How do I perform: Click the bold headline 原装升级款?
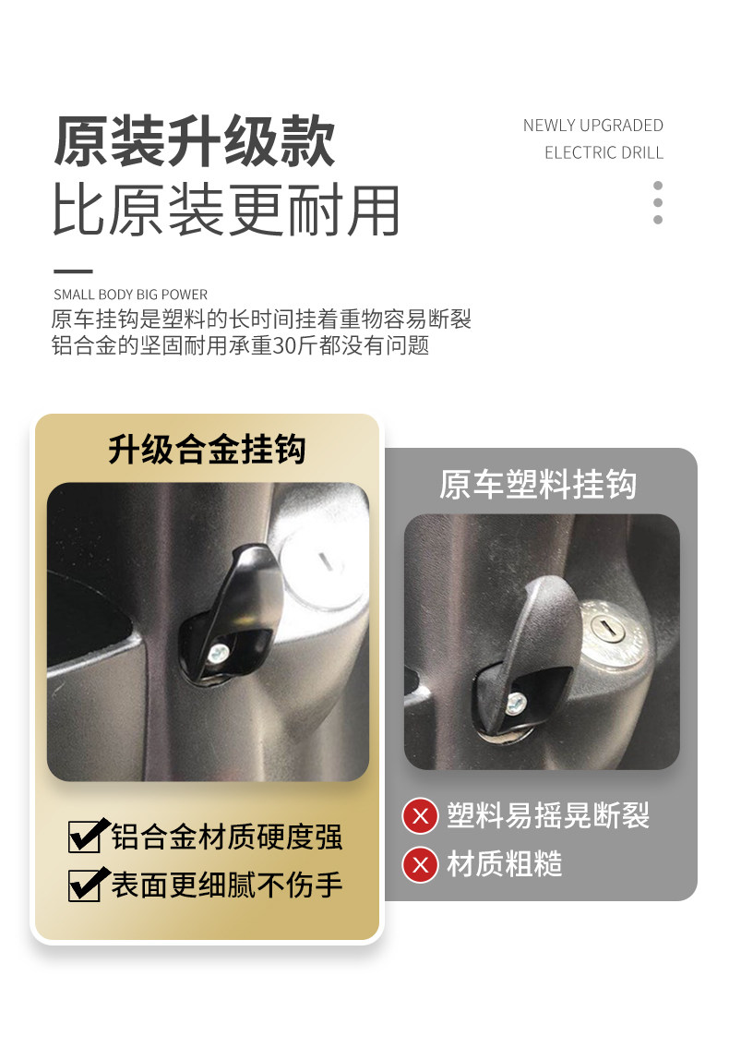tap(195, 140)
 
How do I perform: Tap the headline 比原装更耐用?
tap(226, 211)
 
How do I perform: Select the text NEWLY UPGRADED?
tap(592, 126)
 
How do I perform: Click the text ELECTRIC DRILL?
tap(604, 152)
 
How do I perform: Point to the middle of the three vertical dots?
tap(658, 202)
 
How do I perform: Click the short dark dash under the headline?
tap(73, 271)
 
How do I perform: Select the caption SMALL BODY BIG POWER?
tap(130, 295)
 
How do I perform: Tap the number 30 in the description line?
tap(284, 345)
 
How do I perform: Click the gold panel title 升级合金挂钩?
tap(208, 449)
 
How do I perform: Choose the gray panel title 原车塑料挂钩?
tap(538, 484)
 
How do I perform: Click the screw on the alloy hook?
tap(218, 653)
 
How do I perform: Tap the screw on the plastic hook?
tap(515, 703)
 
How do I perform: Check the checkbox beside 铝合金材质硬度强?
tap(87, 836)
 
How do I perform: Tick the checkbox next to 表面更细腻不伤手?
tap(87, 885)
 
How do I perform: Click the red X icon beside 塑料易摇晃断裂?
tap(420, 816)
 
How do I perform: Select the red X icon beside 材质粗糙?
tap(420, 864)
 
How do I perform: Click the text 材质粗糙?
tap(505, 864)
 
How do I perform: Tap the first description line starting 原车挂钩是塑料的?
tap(261, 319)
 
